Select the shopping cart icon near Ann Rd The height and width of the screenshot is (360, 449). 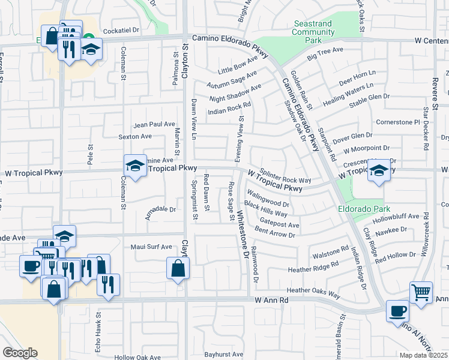coord(421,293)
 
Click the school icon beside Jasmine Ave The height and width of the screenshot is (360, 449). coord(136,166)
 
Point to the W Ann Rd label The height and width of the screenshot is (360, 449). coord(271,299)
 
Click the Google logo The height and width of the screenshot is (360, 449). coord(20,352)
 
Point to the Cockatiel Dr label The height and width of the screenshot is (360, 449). coord(121,29)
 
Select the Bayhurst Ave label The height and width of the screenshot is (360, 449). coord(223,355)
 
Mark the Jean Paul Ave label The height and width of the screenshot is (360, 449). coord(154,124)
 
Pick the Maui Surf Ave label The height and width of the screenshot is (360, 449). coord(151,247)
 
